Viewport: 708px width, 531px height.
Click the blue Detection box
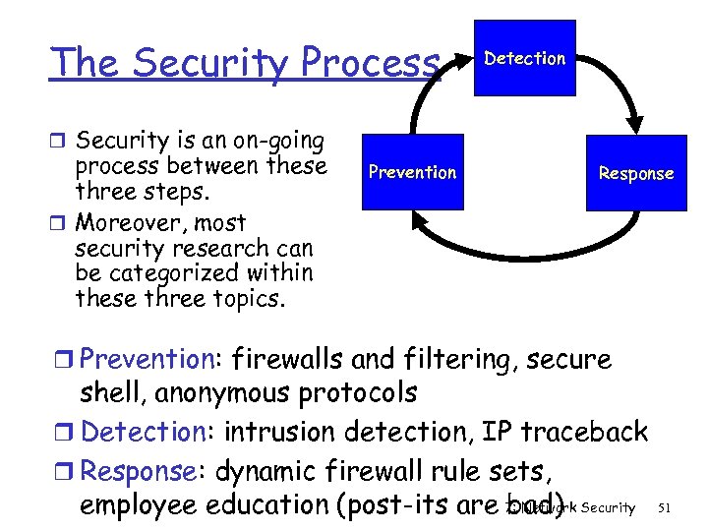525,58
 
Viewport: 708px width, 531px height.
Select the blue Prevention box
412,172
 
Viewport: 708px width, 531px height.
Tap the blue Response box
636,173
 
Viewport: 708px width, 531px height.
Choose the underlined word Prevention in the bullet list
147,361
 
